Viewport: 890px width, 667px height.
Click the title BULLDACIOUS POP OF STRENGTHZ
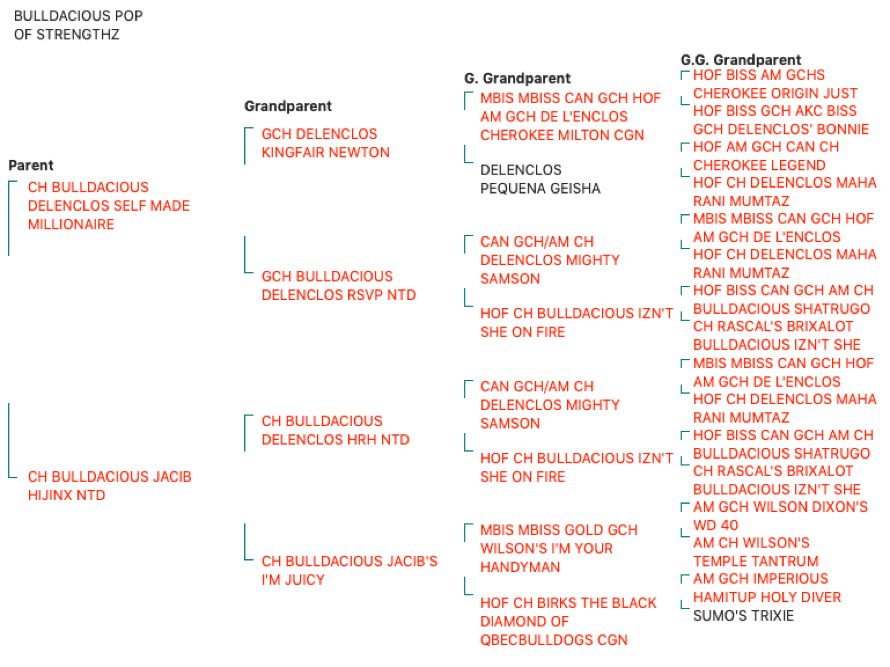78,25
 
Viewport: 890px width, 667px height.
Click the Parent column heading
31,165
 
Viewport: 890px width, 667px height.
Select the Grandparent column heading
288,106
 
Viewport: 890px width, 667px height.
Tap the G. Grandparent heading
517,78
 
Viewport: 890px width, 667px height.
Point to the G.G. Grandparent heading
741,59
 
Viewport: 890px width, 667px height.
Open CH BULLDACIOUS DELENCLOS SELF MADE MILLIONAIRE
109,206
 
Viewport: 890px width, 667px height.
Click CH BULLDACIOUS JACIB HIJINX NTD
109,486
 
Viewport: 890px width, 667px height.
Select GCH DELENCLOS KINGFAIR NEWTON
326,143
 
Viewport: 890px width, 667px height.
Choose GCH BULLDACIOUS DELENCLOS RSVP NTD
339,286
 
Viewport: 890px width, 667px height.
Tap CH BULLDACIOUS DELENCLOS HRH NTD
336,430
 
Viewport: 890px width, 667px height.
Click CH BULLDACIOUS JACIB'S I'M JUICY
349,570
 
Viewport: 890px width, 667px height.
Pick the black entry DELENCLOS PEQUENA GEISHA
540,179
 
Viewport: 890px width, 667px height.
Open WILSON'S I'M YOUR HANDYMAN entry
559,548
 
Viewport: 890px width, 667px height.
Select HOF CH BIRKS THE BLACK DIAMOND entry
568,621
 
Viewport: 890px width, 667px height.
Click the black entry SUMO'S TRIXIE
743,615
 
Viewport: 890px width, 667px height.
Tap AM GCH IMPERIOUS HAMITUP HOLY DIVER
767,588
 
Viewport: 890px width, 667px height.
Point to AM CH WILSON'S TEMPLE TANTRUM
756,552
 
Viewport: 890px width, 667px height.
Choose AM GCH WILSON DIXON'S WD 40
780,516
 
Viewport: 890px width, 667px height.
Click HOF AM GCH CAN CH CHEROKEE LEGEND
766,156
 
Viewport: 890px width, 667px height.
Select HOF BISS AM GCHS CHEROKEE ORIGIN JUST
775,84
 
